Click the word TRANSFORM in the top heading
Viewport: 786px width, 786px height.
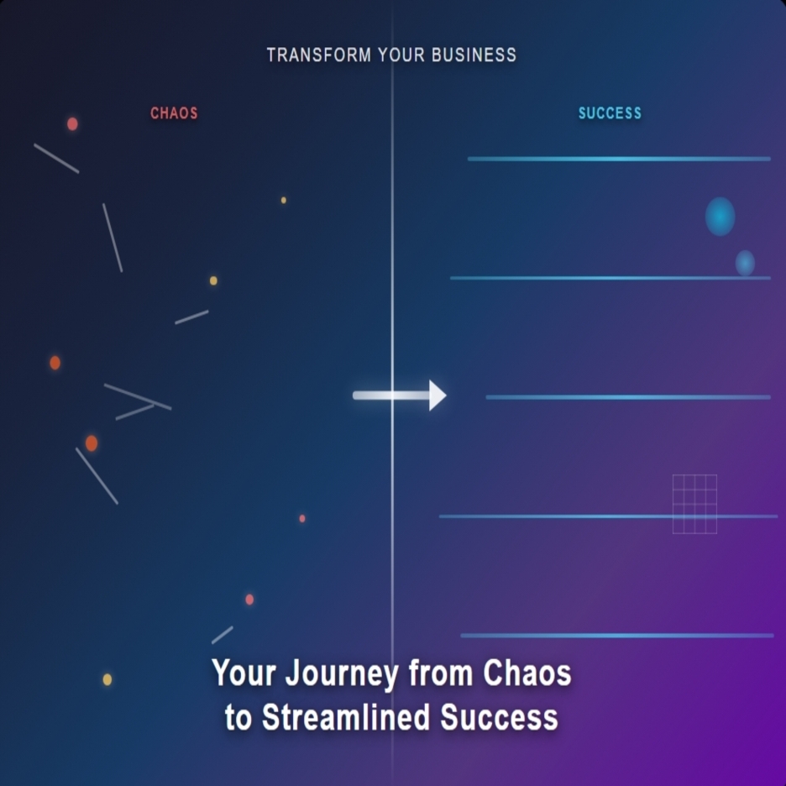[319, 55]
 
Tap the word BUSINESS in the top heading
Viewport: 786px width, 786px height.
[474, 55]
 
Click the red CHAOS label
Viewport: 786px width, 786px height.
[174, 113]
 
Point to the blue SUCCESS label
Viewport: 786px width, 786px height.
[610, 113]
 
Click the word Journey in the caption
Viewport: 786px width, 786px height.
[343, 674]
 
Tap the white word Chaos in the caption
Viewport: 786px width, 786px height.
[527, 673]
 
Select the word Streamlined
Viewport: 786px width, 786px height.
[346, 717]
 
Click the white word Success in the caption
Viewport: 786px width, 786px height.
[500, 717]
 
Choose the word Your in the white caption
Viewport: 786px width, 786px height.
[244, 673]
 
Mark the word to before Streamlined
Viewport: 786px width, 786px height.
[238, 718]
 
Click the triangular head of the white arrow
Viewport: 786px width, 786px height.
[438, 396]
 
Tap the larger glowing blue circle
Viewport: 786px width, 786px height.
[720, 217]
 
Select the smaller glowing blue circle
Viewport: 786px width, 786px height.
[745, 263]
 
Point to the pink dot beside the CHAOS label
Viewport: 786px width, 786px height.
[72, 123]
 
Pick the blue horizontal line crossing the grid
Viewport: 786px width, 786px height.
[608, 516]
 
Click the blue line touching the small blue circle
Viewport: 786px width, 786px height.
[610, 278]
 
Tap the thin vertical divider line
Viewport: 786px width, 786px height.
[392, 393]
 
